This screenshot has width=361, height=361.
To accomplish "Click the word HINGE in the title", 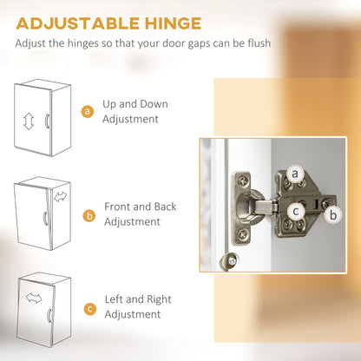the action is coord(173,23).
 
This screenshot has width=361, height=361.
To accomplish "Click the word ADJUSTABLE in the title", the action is coord(78,23).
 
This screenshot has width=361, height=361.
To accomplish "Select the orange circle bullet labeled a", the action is coord(88,111).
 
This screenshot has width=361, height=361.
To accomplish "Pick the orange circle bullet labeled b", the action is coord(89,216).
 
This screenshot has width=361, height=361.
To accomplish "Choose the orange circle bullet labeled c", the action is coord(90,309).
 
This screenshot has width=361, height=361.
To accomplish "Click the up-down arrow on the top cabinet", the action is coord(29,121).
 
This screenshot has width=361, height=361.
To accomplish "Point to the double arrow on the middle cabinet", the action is coord(60,197).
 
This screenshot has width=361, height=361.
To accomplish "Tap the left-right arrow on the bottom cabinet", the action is coord(34,298).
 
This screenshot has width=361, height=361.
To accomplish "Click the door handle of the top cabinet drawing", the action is coord(47,121).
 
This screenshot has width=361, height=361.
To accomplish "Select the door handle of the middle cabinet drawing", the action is coord(45,218).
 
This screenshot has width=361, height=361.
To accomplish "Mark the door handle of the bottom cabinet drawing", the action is coord(49,315).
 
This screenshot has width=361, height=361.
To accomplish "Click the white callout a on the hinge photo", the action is coord(295,174).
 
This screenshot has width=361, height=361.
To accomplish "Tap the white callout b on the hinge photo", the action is coord(333,215).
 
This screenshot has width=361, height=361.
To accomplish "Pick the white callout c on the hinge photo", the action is coord(296,211).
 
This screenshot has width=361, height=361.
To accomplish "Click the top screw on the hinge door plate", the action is coord(242,181).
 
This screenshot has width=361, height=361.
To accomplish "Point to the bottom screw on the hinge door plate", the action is coord(243,233).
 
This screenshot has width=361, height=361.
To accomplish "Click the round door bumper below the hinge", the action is coord(229,260).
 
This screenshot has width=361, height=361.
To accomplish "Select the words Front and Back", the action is coord(141,207).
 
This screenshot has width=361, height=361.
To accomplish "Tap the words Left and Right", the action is coord(138,299).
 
